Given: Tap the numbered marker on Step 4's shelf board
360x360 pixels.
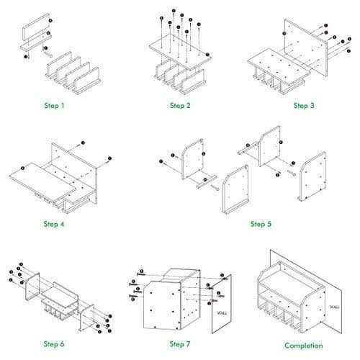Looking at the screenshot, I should [24, 168].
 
